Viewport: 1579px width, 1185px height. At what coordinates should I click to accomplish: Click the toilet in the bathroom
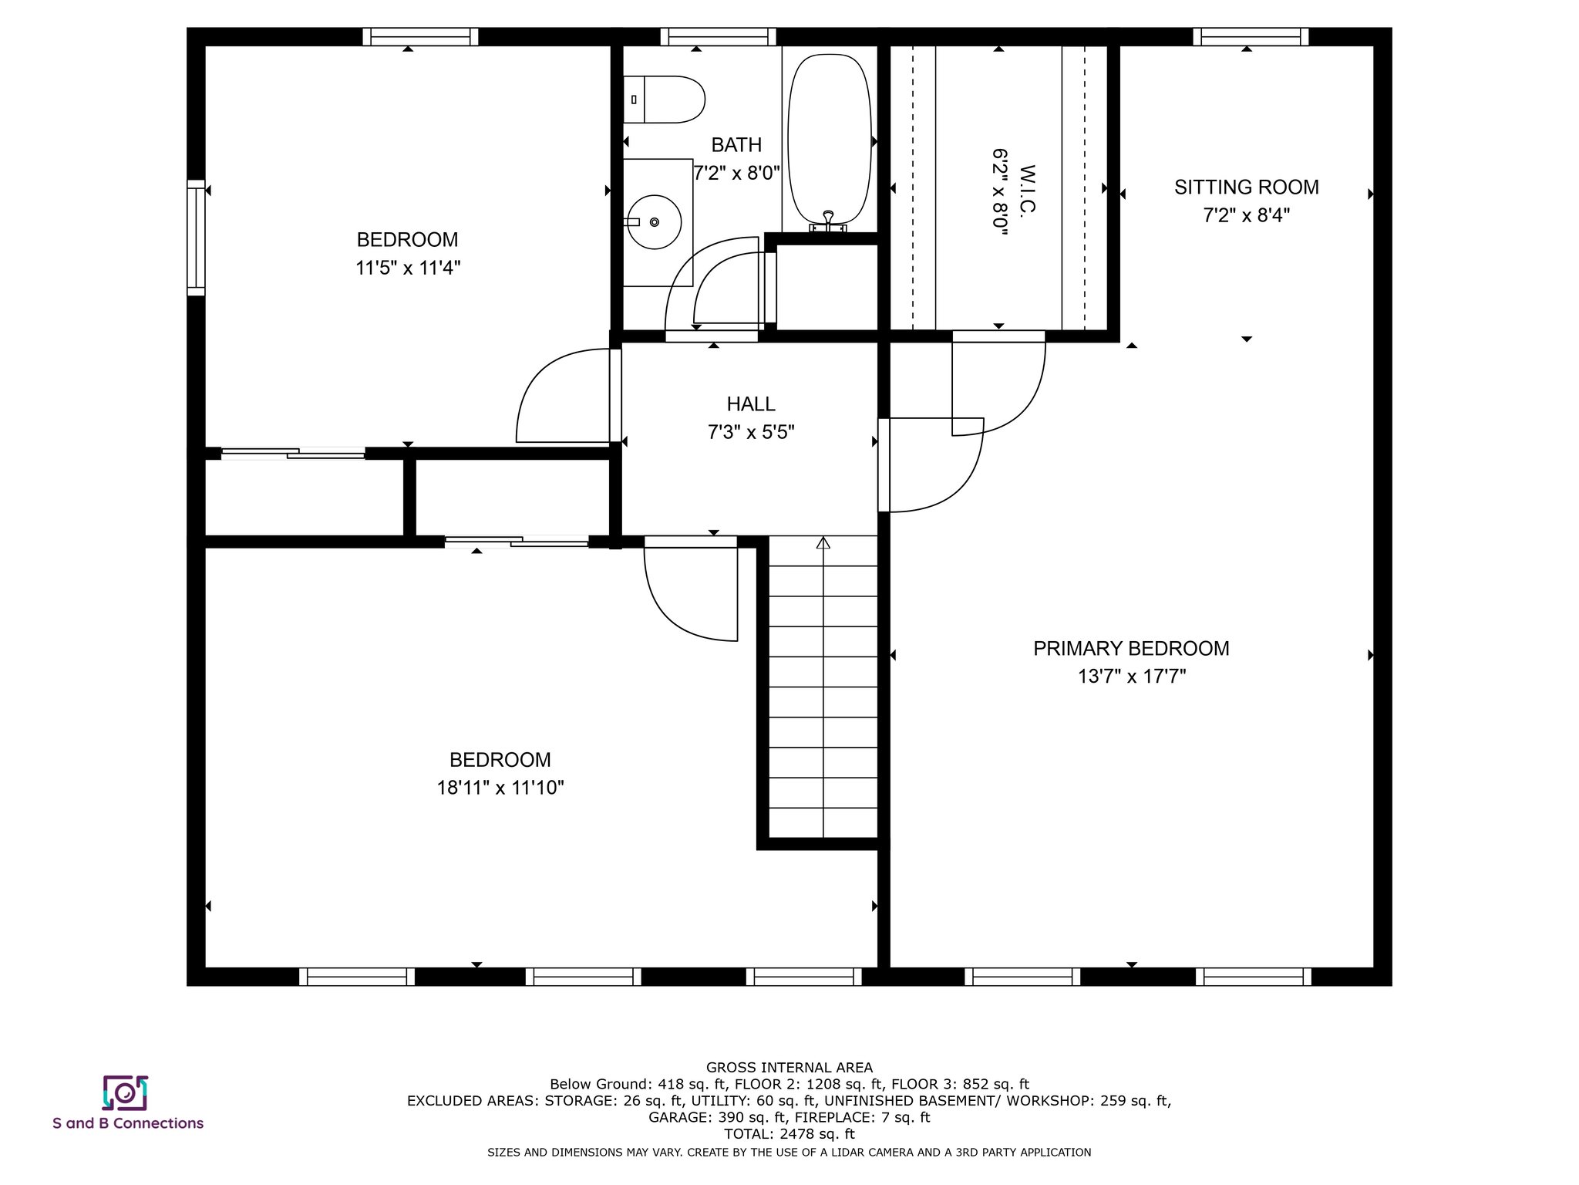[664, 100]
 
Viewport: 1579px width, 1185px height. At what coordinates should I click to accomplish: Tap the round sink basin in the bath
[654, 222]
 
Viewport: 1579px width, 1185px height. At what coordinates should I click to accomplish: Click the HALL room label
[751, 403]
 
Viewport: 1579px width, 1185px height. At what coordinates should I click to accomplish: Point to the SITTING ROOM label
[1247, 187]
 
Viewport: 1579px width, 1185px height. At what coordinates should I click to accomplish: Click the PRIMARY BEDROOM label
[1131, 649]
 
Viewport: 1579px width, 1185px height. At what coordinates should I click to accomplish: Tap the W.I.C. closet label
[1027, 189]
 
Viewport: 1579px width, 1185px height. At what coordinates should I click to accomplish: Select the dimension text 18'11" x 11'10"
[500, 788]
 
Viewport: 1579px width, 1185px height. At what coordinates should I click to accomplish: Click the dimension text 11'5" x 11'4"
[408, 268]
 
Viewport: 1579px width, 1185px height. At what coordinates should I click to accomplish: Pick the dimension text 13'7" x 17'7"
[1131, 677]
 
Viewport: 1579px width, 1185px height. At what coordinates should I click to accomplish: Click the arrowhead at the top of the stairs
[823, 542]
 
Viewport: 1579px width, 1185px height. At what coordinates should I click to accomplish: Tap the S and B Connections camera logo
[125, 1092]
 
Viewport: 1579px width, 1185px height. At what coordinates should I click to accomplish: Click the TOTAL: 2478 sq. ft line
[789, 1134]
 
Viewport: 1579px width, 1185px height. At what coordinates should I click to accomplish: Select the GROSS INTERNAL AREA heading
[789, 1068]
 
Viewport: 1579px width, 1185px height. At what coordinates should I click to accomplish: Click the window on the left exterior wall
[197, 238]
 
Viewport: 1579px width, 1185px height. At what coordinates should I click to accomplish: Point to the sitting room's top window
[1251, 36]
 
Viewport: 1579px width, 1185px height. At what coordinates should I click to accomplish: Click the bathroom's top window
[718, 36]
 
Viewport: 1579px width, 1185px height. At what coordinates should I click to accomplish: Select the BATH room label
[736, 145]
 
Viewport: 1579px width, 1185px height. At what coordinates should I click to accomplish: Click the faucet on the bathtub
[828, 221]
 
